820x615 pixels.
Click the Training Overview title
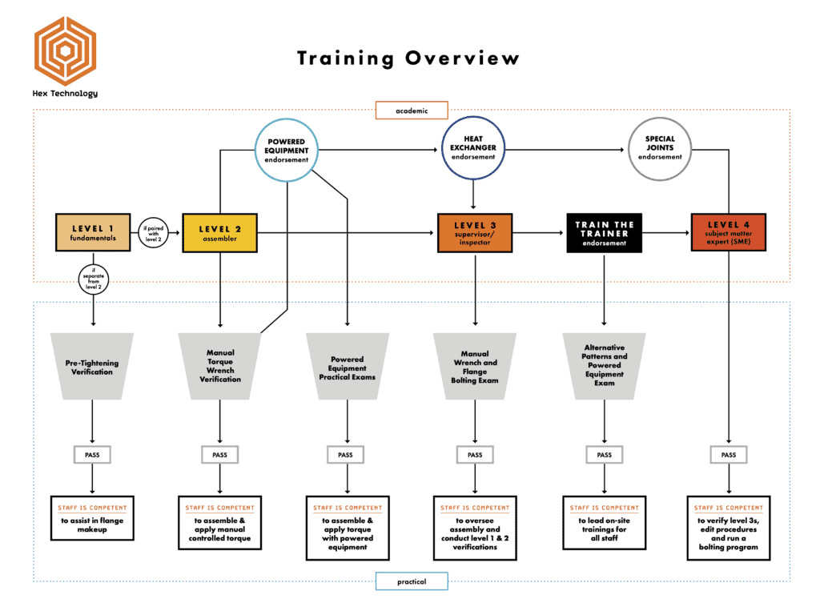click(408, 58)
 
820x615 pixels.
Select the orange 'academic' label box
click(412, 111)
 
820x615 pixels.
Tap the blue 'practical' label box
click(412, 581)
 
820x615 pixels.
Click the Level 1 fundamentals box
click(93, 233)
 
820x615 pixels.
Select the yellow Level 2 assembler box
click(219, 233)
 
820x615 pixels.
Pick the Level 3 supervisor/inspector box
click(475, 233)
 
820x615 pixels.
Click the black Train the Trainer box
click(604, 233)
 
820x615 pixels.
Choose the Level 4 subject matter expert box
click(729, 233)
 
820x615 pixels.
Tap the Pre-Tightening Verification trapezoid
click(92, 367)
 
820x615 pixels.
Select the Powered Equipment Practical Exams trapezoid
click(348, 367)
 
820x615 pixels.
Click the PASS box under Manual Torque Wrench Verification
click(219, 455)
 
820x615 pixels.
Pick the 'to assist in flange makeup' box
click(92, 518)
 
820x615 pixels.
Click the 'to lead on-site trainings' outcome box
click(604, 523)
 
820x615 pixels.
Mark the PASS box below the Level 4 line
click(729, 455)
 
